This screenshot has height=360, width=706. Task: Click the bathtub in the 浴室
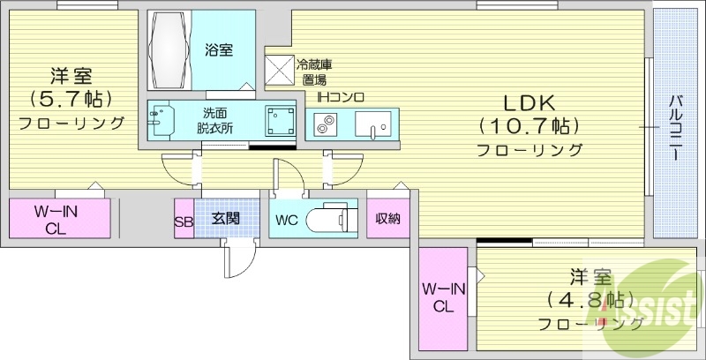point(169,50)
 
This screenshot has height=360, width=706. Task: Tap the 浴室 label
point(219,50)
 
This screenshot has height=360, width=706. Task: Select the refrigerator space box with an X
point(279,70)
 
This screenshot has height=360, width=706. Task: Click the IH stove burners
point(325,124)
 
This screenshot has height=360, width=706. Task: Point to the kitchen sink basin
point(372,124)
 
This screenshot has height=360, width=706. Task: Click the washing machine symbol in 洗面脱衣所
point(281,121)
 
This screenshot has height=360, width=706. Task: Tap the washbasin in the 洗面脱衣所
point(160,120)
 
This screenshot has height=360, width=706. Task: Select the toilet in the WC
point(331,218)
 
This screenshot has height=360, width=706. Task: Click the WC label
point(287,221)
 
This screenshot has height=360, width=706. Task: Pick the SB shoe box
point(184,218)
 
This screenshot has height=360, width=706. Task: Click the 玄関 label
point(225,218)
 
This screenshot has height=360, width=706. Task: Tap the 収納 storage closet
point(388,218)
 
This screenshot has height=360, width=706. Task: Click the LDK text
point(528,104)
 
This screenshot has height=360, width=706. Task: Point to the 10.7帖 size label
point(529,127)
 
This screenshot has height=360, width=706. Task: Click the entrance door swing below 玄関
point(240,259)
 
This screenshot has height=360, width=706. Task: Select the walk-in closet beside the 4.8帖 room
point(443,299)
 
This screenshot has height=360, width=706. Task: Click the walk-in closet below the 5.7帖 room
point(59,218)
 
